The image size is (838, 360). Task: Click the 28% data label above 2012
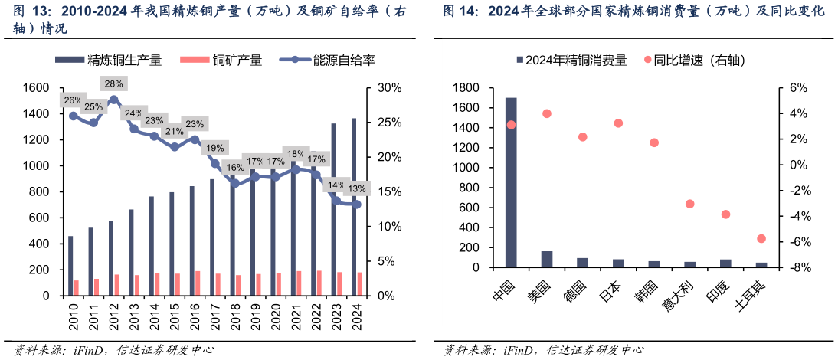pyautogui.click(x=113, y=84)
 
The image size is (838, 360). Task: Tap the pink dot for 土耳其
pyautogui.click(x=761, y=239)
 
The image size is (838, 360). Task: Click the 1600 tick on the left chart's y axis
pyautogui.click(x=35, y=88)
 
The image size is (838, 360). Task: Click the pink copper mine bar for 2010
pyautogui.click(x=77, y=288)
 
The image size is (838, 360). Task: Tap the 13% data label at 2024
pyautogui.click(x=356, y=188)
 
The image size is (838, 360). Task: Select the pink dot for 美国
pyautogui.click(x=547, y=113)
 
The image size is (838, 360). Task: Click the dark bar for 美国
pyautogui.click(x=547, y=260)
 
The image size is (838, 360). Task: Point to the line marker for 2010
pyautogui.click(x=74, y=116)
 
